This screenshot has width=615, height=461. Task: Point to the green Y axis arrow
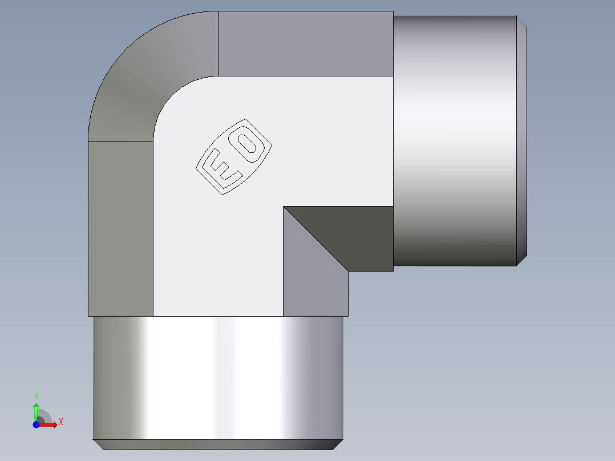36,410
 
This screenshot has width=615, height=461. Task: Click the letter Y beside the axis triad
36,397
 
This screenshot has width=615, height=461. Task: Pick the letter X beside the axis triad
60,422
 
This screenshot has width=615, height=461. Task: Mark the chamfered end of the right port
521,140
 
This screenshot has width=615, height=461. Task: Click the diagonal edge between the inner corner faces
316,238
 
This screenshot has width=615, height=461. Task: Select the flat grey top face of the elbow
305,43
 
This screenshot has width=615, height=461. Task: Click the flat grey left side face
120,228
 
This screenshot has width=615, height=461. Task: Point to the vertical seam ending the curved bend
219,43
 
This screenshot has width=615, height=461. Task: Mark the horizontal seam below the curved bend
120,140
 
